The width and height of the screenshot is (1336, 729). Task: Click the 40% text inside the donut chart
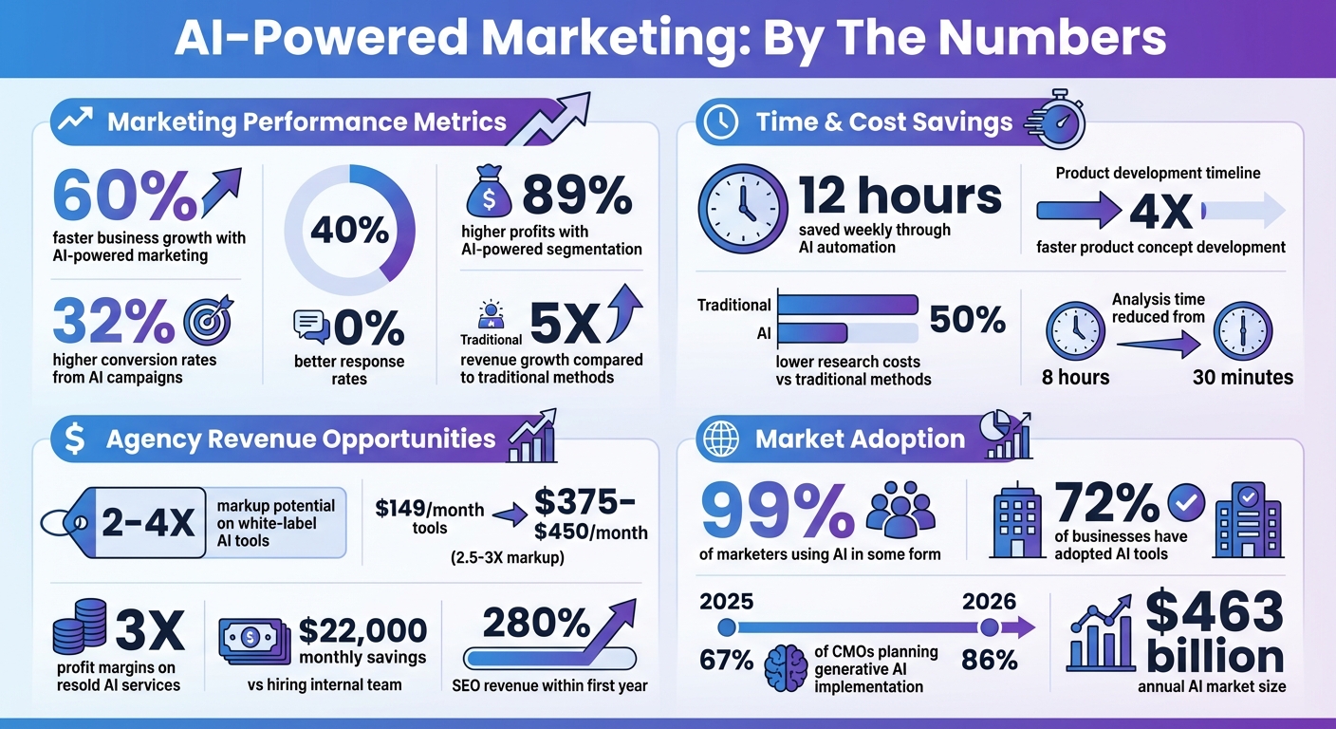coord(350,231)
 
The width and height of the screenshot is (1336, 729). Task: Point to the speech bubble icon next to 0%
coord(311,327)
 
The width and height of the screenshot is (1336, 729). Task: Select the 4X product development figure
coord(1160,210)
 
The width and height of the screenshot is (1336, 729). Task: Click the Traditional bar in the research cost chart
coord(847,305)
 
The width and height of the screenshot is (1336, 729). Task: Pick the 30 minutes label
coord(1242,377)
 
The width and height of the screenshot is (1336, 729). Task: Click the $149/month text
coord(430,511)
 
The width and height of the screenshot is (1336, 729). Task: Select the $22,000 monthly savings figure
coord(362,630)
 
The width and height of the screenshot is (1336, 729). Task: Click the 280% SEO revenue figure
coord(537,624)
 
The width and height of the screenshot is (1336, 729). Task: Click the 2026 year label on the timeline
coord(989,601)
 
